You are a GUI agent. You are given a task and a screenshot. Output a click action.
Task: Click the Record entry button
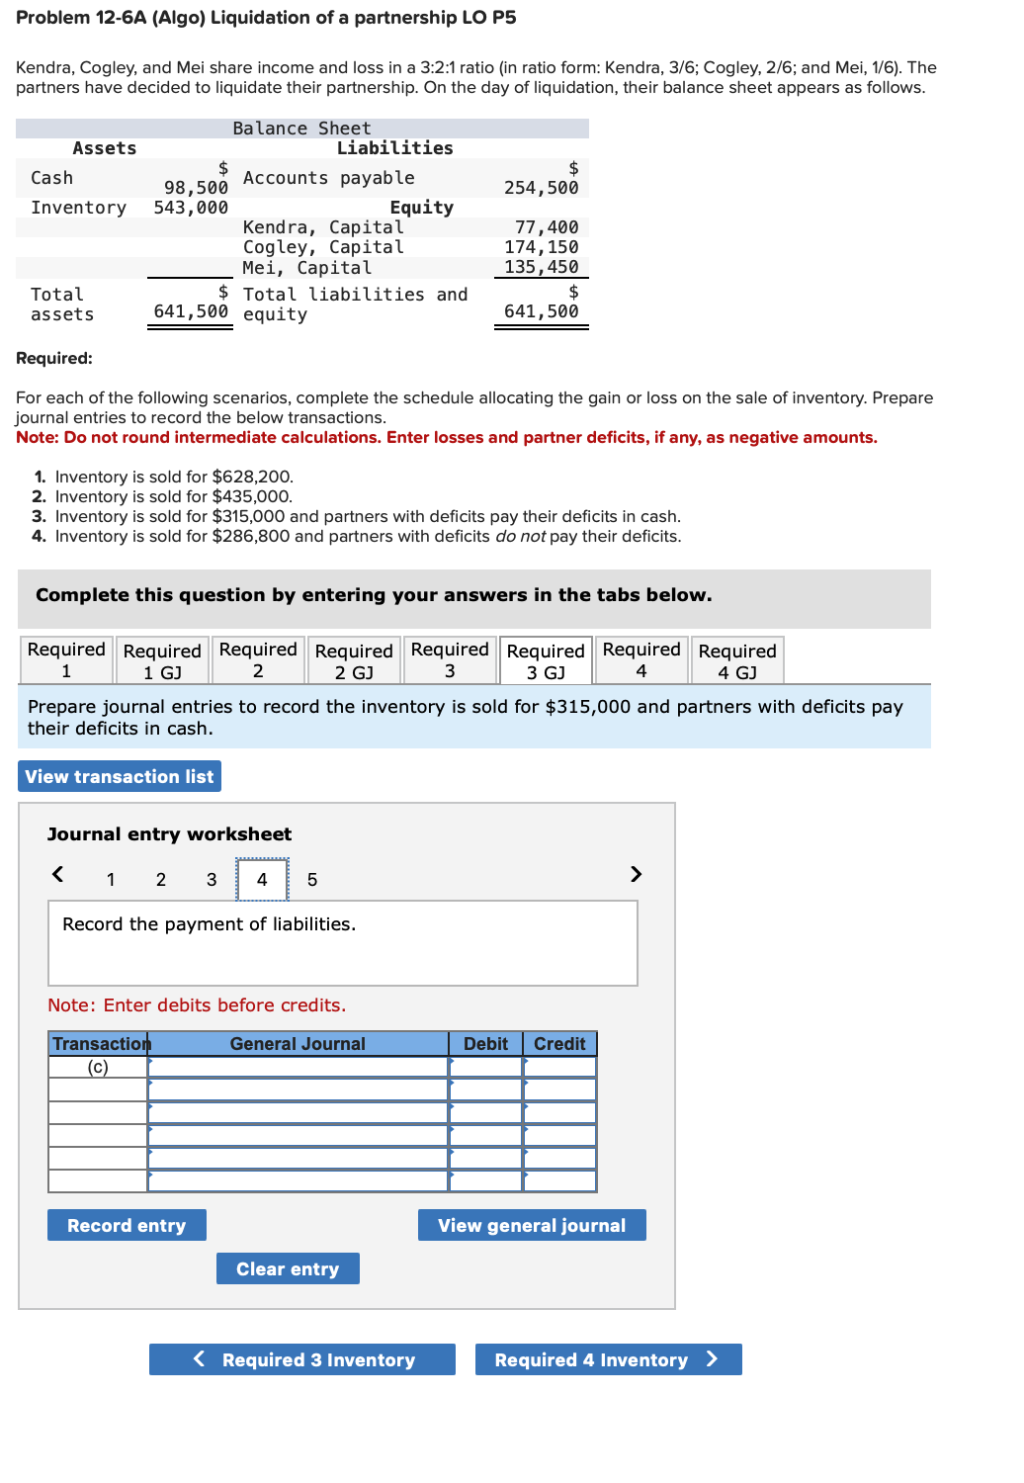(x=127, y=1225)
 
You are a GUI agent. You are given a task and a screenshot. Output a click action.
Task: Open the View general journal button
(x=531, y=1225)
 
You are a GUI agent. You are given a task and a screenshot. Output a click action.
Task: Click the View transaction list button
(x=120, y=776)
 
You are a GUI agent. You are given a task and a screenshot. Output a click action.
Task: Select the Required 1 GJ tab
(x=162, y=660)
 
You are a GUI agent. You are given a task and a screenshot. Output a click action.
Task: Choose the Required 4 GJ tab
(x=736, y=660)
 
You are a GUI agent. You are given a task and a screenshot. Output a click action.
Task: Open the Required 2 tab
(x=258, y=659)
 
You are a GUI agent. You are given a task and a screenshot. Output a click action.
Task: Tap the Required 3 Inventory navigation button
(x=302, y=1359)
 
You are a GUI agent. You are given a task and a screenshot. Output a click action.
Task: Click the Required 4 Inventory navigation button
(x=607, y=1359)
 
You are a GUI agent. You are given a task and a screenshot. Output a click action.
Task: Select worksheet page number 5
(x=312, y=880)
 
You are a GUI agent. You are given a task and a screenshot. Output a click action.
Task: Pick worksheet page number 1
(x=111, y=880)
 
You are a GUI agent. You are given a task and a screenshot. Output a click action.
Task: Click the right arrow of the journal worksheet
(x=636, y=874)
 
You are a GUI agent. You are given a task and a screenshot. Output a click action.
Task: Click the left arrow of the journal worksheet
(x=58, y=874)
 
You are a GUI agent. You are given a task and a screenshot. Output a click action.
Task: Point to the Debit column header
(x=485, y=1044)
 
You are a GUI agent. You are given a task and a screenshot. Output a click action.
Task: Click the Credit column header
(x=559, y=1044)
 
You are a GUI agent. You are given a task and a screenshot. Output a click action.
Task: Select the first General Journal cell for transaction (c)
(x=298, y=1067)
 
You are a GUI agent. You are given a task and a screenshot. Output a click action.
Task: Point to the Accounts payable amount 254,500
(x=541, y=188)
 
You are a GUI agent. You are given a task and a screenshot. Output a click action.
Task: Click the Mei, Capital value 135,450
(x=541, y=267)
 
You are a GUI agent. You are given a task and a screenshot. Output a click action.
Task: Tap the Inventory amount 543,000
(x=191, y=208)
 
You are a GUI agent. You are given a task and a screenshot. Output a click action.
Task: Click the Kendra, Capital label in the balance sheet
(x=323, y=227)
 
